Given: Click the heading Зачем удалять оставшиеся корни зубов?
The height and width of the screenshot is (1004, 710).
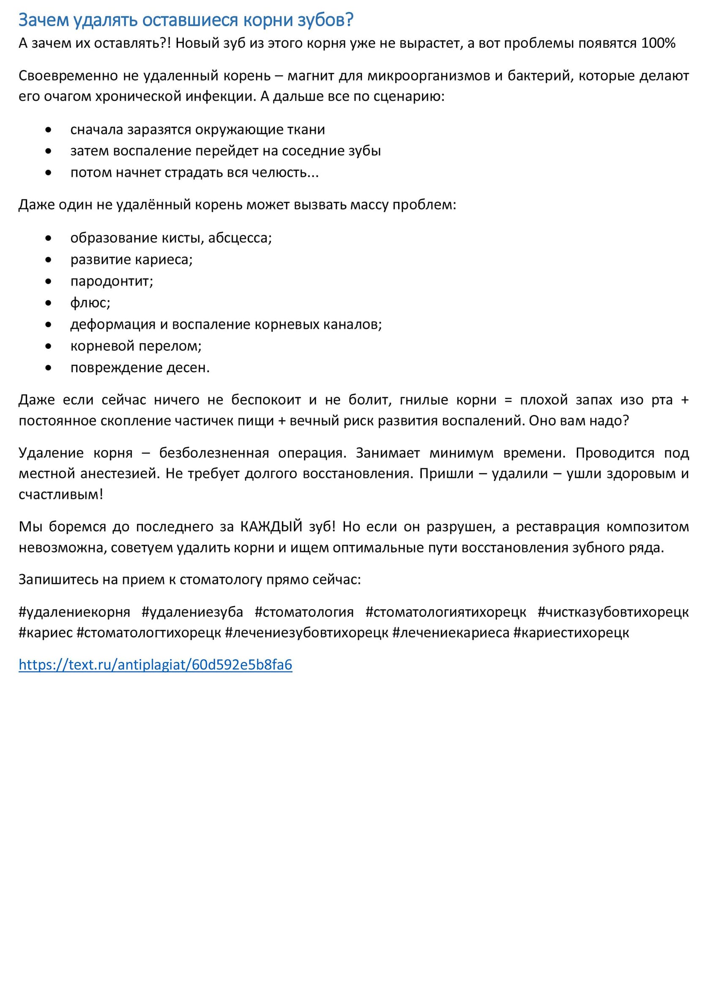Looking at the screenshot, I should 186,20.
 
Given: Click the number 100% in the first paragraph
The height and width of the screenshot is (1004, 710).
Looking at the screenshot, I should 658,43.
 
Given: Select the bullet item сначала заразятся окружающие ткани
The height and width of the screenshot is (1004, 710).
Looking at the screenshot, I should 198,130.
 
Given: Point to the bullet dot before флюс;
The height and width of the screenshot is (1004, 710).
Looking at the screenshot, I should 48,303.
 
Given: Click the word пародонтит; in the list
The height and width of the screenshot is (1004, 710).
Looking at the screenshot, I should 112,281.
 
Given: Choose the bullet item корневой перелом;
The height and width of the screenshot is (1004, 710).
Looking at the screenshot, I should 136,346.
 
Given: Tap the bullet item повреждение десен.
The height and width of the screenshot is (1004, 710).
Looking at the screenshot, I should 140,368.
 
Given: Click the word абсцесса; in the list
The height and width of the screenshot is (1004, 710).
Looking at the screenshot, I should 240,238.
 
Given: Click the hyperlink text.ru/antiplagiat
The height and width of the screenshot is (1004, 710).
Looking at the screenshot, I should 155,665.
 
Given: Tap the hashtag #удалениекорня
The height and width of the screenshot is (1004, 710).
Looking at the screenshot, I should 74,612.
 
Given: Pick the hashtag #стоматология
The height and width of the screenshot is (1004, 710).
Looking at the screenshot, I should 304,612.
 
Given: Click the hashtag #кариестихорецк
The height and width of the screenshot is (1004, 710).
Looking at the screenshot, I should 571,633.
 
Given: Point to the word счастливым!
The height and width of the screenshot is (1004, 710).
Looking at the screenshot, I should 61,495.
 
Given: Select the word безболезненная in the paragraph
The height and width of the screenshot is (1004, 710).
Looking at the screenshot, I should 214,453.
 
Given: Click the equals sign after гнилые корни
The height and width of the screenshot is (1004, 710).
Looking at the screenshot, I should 508,400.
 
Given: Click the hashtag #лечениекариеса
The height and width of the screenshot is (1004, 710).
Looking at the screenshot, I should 451,633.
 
